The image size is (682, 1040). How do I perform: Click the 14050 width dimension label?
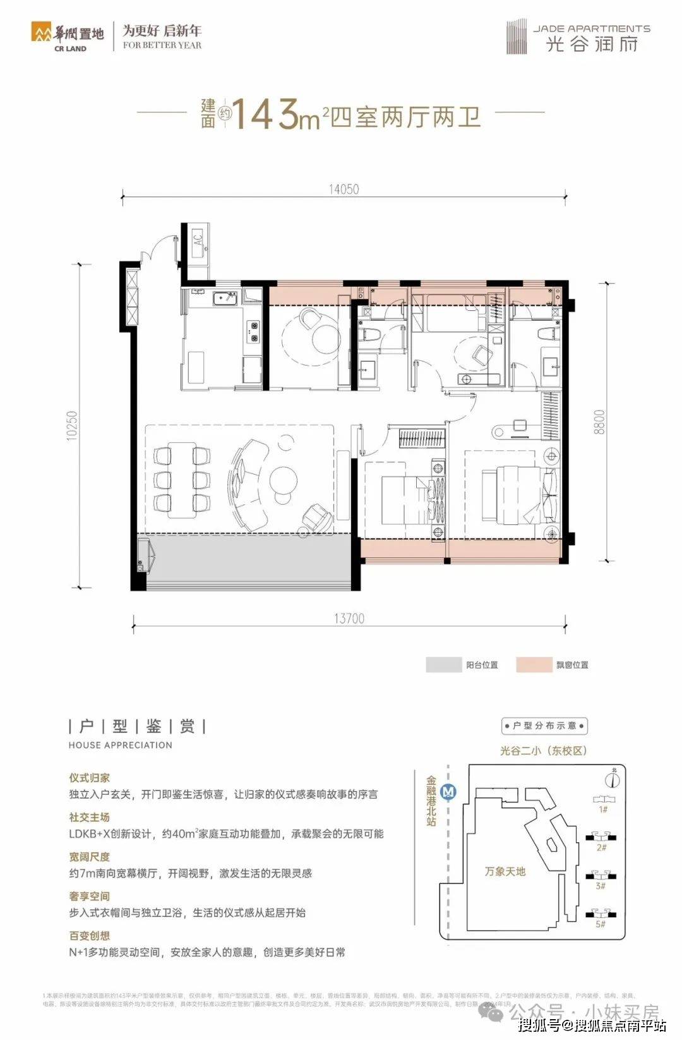click(344, 188)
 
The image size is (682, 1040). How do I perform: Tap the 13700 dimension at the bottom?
click(349, 619)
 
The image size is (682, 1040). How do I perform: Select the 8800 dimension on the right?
click(599, 422)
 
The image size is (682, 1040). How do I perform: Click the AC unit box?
click(198, 241)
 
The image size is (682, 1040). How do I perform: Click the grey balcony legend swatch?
click(444, 665)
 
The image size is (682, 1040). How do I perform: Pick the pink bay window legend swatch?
click(534, 665)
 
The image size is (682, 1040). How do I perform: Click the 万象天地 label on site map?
click(505, 871)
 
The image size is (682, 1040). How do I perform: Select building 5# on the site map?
click(601, 915)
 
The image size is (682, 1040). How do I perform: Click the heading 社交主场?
click(90, 818)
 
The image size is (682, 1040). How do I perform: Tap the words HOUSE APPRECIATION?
click(121, 745)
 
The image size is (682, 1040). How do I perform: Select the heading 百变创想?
click(90, 936)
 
